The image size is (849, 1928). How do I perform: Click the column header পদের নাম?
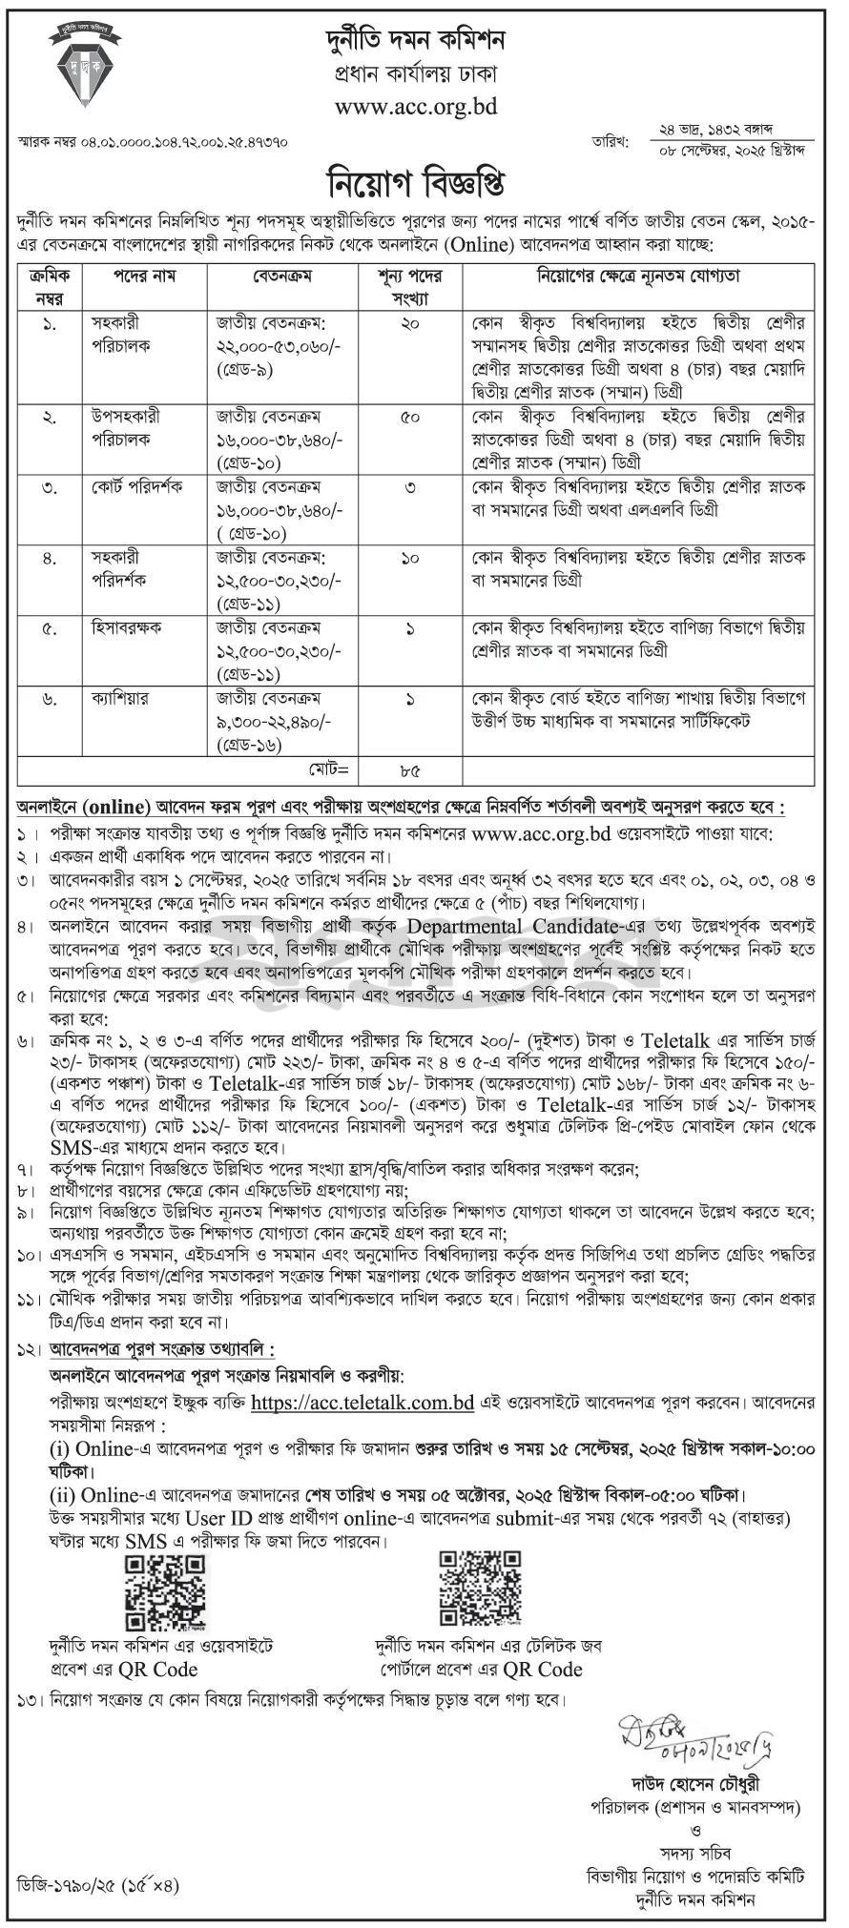144,276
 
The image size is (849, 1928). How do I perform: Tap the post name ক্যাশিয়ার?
123,699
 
